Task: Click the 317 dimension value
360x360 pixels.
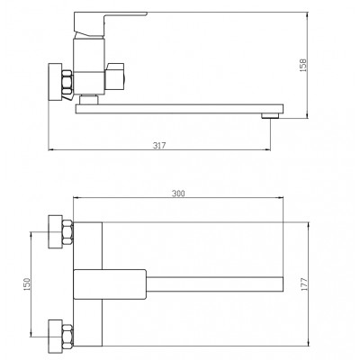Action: coord(159,146)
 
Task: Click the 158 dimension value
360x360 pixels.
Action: coord(303,65)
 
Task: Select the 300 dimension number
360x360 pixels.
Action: coord(178,193)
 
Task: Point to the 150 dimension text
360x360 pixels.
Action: coord(27,284)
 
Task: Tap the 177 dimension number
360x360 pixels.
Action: coord(304,284)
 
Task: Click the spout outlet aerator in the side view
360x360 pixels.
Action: coord(270,115)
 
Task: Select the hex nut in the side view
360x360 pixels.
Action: coord(67,83)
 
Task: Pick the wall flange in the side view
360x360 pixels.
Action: coord(55,82)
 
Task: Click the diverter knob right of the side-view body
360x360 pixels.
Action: coord(114,76)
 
